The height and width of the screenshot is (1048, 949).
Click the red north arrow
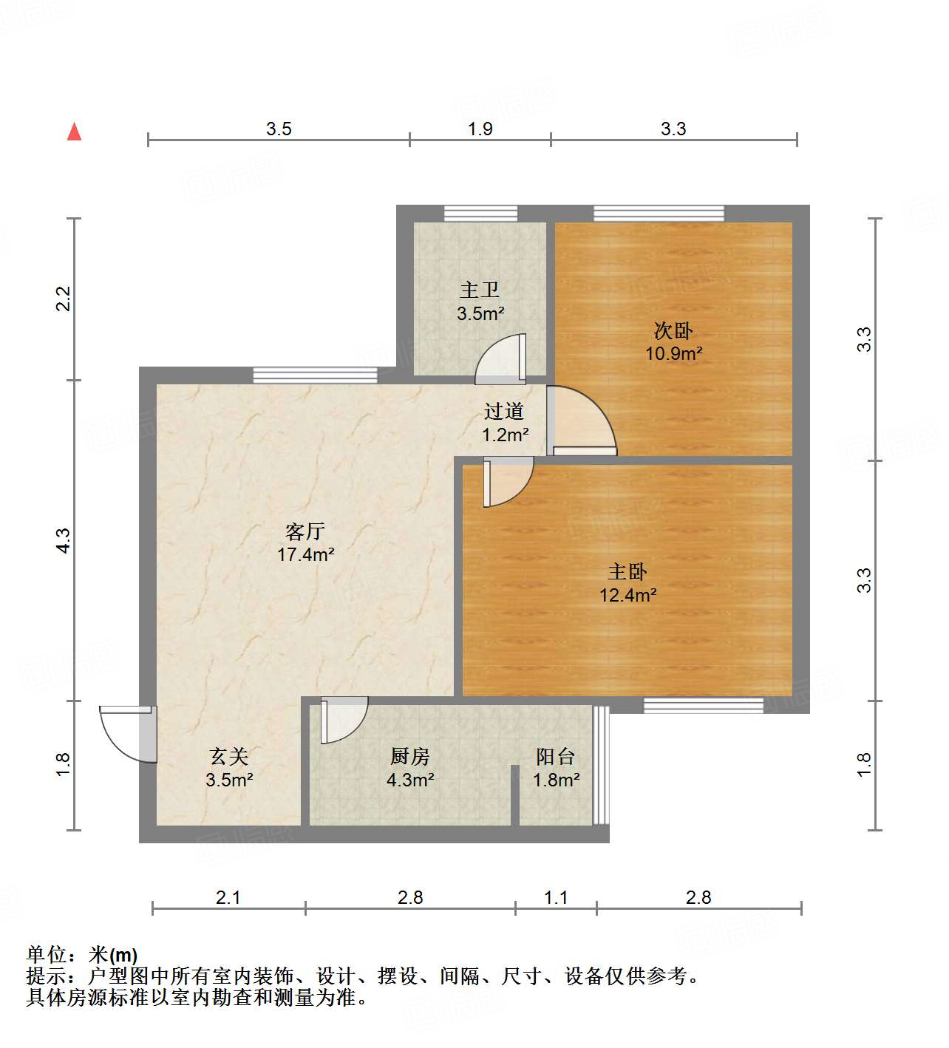coord(74,132)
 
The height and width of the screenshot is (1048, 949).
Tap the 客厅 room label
coord(305,531)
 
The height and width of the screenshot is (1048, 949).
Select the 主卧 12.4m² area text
coord(628,595)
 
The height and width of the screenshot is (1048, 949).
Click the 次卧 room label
coord(673,330)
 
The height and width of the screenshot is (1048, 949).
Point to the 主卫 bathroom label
coord(480,290)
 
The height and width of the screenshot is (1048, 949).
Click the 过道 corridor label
coord(504,411)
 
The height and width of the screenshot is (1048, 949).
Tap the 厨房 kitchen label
coord(410,756)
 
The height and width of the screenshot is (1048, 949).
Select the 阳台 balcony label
coord(556,756)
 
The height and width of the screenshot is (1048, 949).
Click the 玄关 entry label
coord(229,756)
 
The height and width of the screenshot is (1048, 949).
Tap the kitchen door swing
coord(344,719)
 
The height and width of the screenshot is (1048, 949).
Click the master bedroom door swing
coord(508,481)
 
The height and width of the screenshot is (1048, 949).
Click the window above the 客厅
coord(315,375)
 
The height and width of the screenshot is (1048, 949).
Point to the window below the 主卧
coord(703,706)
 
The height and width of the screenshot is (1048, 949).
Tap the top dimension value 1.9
coord(480,129)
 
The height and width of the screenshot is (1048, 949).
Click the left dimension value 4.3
coord(64,540)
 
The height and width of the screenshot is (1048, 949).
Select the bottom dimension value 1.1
coord(556,897)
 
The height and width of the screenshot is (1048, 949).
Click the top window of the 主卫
coord(480,214)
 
